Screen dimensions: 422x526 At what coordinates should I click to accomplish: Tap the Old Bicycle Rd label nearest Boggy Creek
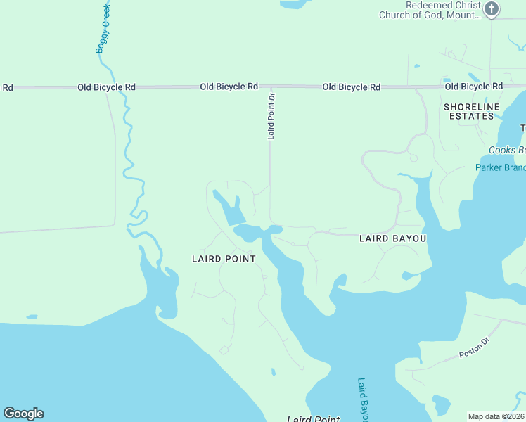coord(106,87)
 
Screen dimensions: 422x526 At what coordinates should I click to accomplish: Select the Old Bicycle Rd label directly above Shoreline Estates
coord(473,87)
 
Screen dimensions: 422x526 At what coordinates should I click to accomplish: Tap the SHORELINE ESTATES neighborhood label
coord(471,111)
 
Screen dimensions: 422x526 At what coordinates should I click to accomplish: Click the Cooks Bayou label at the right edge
coord(507,151)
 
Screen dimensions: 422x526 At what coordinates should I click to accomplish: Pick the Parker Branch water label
coord(500,167)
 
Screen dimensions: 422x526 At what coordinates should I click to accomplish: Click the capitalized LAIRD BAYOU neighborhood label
coord(392,238)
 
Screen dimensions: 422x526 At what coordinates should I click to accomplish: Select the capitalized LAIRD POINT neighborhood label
coord(224,259)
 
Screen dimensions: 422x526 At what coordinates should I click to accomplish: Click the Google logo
coord(23,414)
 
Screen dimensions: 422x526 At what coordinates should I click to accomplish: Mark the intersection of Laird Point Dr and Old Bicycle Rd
coord(271,87)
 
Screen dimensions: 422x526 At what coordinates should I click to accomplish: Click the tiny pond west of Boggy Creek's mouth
coord(31,317)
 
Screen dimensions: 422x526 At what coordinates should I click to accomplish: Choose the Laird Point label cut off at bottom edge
coord(314,418)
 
